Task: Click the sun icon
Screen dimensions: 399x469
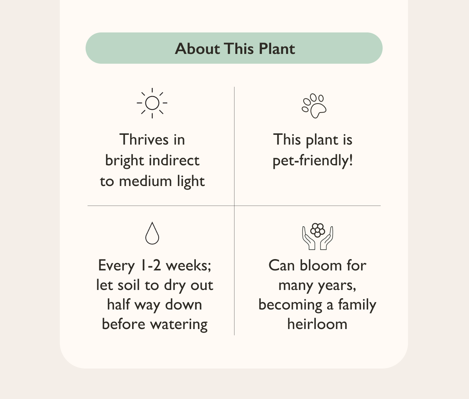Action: click(x=152, y=103)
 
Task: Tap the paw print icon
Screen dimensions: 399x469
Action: click(x=314, y=106)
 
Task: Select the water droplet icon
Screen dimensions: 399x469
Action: click(x=152, y=233)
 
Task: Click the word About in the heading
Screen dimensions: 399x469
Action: click(x=197, y=49)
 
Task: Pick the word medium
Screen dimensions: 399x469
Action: click(x=141, y=181)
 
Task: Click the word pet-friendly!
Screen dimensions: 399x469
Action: click(x=313, y=161)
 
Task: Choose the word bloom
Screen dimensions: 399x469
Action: click(x=315, y=265)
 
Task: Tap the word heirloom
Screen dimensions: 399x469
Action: click(x=317, y=324)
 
